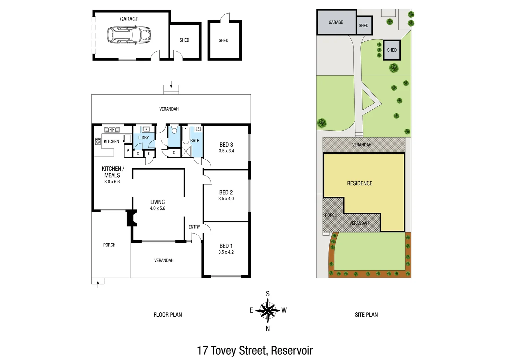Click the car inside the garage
[x=129, y=35]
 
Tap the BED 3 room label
[x=226, y=145]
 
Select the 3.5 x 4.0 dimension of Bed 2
[x=226, y=199]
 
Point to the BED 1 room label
[x=226, y=246]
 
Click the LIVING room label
[x=158, y=202]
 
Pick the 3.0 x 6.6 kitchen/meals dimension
[x=112, y=182]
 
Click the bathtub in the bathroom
[x=186, y=135]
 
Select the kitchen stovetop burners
[x=98, y=141]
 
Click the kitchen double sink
[x=112, y=130]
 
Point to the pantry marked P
[x=128, y=151]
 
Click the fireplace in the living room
[x=132, y=218]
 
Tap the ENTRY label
[x=194, y=227]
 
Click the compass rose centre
[x=267, y=310]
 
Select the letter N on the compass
[x=267, y=328]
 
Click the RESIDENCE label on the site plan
[x=360, y=183]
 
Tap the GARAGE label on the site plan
[x=336, y=22]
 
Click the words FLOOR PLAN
[x=168, y=315]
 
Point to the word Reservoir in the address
[x=292, y=351]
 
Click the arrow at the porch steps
[x=98, y=284]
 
